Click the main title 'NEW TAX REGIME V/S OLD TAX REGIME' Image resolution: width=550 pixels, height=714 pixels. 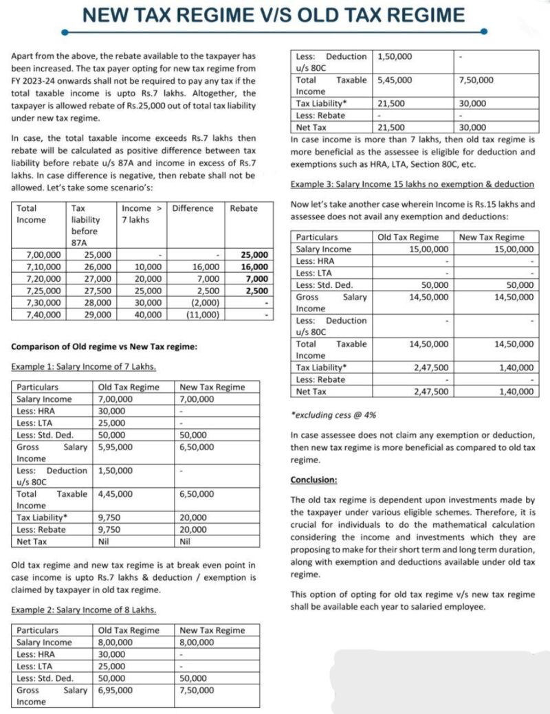pyautogui.click(x=273, y=14)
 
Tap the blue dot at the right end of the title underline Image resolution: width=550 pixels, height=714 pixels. pyautogui.click(x=484, y=32)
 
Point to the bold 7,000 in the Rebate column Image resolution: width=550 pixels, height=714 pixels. pyautogui.click(x=255, y=278)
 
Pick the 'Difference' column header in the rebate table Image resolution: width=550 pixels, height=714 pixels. pyautogui.click(x=192, y=208)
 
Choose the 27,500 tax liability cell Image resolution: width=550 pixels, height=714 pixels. pyautogui.click(x=87, y=290)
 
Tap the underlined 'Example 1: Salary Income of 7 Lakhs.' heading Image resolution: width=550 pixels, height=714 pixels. pyautogui.click(x=83, y=367)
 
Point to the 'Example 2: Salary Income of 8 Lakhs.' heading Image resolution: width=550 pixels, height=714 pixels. pyautogui.click(x=83, y=610)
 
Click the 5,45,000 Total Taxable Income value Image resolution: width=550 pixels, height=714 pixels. pyautogui.click(x=395, y=80)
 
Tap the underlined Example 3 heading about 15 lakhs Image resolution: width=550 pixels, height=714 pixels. pyautogui.click(x=412, y=184)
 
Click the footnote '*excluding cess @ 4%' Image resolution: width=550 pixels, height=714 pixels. pyautogui.click(x=334, y=415)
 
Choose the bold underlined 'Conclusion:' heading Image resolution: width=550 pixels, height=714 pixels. pyautogui.click(x=314, y=480)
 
